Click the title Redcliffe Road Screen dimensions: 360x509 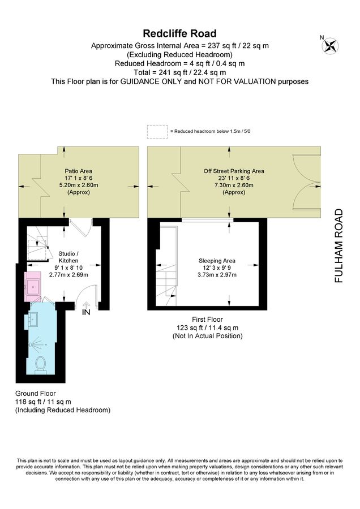179,33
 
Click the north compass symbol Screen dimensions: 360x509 330,45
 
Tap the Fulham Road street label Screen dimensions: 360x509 338,245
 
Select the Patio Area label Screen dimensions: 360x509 78,171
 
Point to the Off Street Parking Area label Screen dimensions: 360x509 234,171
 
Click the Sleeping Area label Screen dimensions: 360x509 217,261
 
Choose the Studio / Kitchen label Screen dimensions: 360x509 68,257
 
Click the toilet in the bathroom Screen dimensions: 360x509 41,364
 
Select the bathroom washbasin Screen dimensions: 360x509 33,319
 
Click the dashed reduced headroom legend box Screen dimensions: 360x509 157,132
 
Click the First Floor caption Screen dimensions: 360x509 207,320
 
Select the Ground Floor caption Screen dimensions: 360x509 36,394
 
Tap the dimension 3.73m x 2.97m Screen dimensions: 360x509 217,275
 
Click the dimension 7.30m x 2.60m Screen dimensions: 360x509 234,186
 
